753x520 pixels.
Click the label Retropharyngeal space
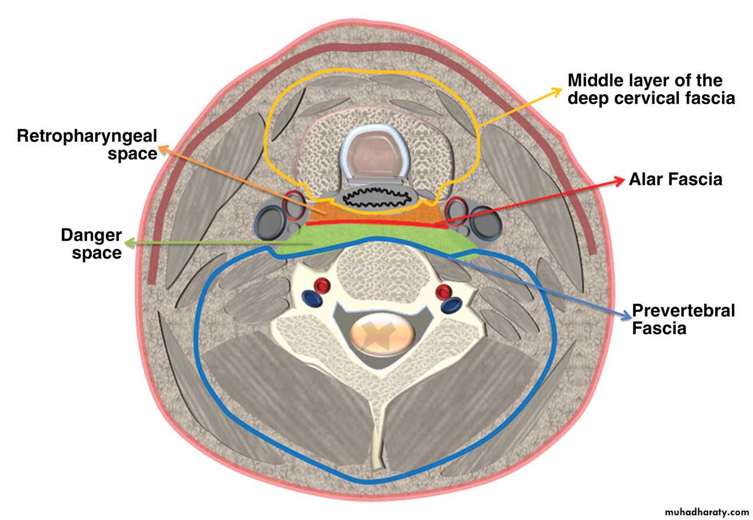pyautogui.click(x=87, y=145)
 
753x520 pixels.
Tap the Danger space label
pyautogui.click(x=91, y=244)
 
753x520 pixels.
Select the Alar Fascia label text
pyautogui.click(x=675, y=179)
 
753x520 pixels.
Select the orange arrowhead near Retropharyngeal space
pyautogui.click(x=162, y=149)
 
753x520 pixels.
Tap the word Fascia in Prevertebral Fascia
pyautogui.click(x=659, y=328)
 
